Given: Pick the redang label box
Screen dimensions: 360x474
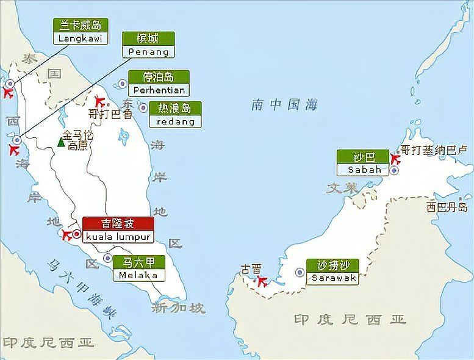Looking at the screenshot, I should [x=175, y=115].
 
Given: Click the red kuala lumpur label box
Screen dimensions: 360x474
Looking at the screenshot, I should [x=117, y=229].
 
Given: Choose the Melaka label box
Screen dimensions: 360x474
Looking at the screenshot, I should [x=138, y=268].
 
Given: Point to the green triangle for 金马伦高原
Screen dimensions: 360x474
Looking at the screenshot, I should [x=61, y=142].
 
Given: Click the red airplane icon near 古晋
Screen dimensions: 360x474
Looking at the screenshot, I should [x=262, y=281].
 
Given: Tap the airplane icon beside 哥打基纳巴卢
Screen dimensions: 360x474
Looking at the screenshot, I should [x=394, y=159].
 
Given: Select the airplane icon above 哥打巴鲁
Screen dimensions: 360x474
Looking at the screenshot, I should [x=100, y=101].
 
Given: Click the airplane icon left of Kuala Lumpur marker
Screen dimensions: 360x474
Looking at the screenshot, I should [x=66, y=234].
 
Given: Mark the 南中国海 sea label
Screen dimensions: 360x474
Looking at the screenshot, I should [x=284, y=105].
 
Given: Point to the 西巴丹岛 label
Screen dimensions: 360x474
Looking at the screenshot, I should [x=447, y=207].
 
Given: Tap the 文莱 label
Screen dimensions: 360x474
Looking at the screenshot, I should [x=342, y=189].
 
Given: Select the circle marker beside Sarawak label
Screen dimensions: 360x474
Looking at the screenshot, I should [x=300, y=272].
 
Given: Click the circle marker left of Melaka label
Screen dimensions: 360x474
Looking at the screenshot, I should [x=107, y=258].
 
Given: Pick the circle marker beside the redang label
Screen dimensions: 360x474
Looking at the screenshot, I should [x=143, y=107].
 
